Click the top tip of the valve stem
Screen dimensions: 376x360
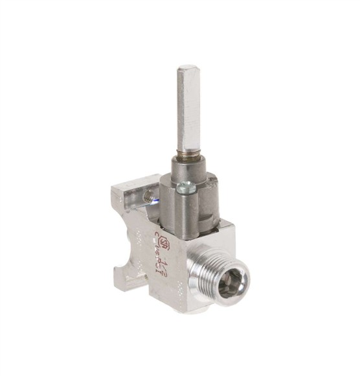coord(188,67)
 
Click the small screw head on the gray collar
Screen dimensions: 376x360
coord(185,188)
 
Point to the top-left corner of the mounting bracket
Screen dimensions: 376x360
coord(114,189)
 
